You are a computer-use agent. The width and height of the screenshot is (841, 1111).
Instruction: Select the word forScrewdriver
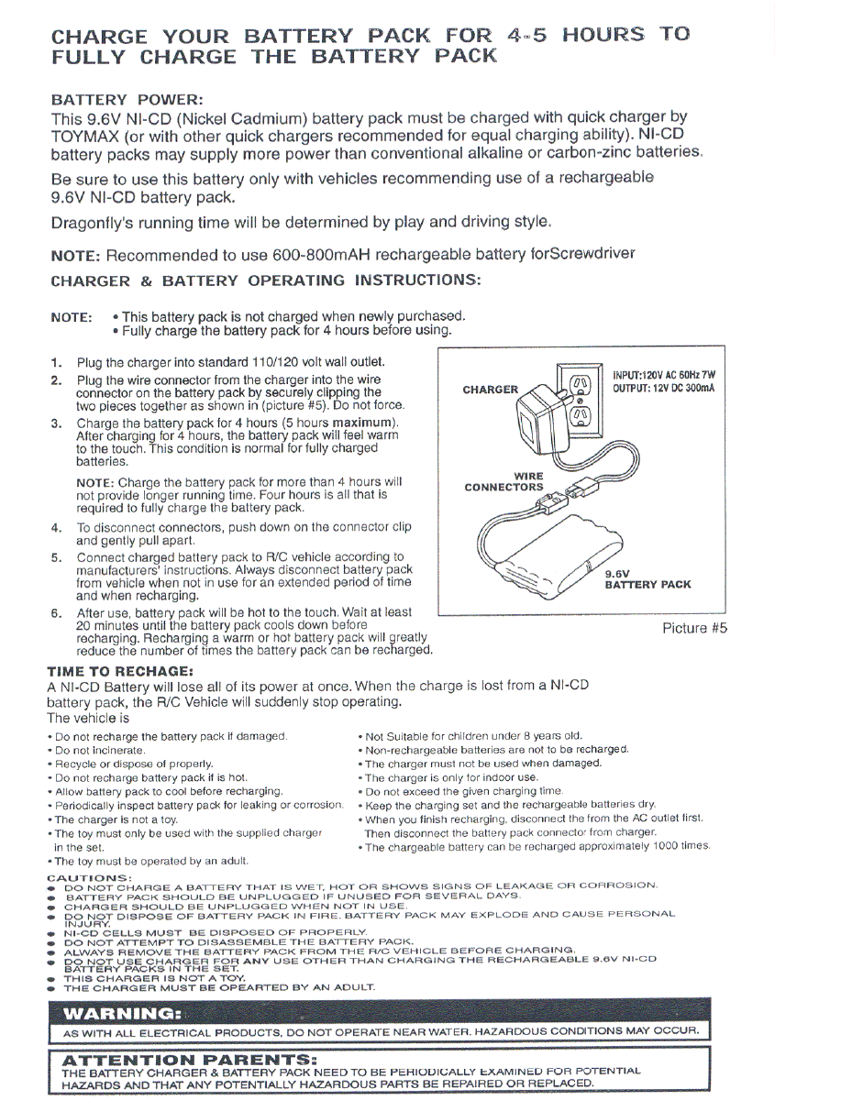pyautogui.click(x=582, y=253)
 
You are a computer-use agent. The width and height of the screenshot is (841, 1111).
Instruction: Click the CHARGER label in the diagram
pyautogui.click(x=491, y=390)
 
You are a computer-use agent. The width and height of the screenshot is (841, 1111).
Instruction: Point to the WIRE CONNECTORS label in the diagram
pyautogui.click(x=503, y=481)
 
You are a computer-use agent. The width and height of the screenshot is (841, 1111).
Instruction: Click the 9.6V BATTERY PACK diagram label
pyautogui.click(x=647, y=579)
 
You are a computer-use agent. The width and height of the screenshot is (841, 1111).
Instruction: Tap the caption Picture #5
pyautogui.click(x=694, y=629)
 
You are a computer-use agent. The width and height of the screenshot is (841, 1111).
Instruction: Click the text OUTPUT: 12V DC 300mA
pyautogui.click(x=663, y=389)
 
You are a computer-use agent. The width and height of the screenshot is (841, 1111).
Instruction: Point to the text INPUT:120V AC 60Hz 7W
pyautogui.click(x=663, y=375)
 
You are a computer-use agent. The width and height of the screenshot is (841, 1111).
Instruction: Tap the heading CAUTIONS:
pyautogui.click(x=89, y=877)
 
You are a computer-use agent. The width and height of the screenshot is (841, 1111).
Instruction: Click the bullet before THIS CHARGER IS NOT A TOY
pyautogui.click(x=51, y=978)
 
